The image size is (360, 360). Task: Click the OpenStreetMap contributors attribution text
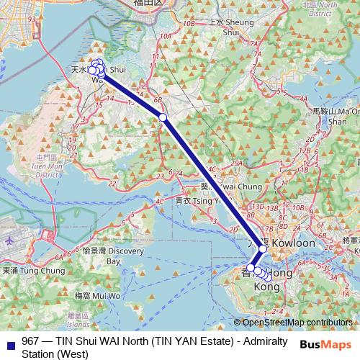click(x=297, y=323)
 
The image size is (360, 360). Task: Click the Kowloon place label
click(x=292, y=243)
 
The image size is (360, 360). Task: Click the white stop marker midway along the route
click(x=163, y=117)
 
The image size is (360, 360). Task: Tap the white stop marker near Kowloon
click(x=263, y=248)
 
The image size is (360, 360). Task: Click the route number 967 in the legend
click(x=30, y=341)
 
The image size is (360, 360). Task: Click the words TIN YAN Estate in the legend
click(x=183, y=341)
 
